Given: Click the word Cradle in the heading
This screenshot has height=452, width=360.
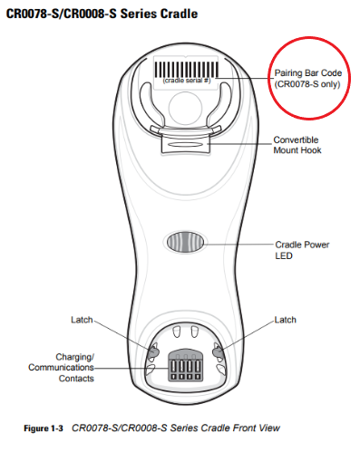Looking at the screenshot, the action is pos(179,14).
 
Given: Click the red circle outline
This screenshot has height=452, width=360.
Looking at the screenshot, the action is pos(309,37).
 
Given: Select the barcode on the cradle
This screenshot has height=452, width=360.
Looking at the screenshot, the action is pos(187,70).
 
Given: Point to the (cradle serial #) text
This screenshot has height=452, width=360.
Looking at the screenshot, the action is pos(187,81).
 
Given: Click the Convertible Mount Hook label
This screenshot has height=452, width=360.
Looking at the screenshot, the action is pos(297,145).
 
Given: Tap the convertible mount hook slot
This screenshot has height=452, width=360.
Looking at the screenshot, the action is pos(185,144).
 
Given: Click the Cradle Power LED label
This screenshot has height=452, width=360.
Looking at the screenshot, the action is pos(302,250).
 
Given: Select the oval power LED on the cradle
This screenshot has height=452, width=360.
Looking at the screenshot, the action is pos(185,242).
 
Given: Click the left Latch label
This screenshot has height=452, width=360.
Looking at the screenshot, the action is pos(82,320).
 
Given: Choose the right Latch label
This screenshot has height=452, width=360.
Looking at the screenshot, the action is pos(285,320).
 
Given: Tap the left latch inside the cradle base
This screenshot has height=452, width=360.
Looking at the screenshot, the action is pos(153,351).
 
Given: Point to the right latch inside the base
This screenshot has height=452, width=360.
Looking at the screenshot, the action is pos(218,352).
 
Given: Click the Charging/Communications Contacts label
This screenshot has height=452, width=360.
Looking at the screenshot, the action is pos(62,368).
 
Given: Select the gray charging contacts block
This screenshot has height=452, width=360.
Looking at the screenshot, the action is pos(185,365).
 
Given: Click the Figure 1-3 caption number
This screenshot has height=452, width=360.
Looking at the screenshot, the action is pos(44,428).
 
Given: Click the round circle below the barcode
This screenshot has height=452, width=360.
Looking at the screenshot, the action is pos(185,107).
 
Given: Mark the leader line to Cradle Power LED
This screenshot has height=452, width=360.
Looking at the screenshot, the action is pos(238,245).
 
